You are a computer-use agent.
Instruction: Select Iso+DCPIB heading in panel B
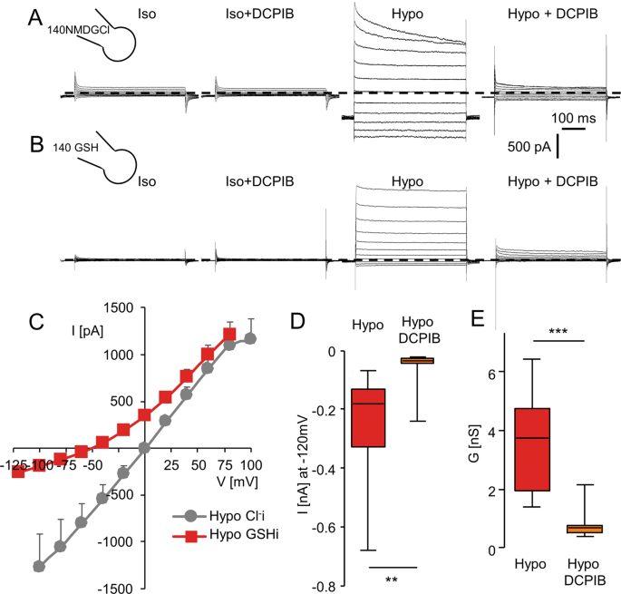coord(257,180)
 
